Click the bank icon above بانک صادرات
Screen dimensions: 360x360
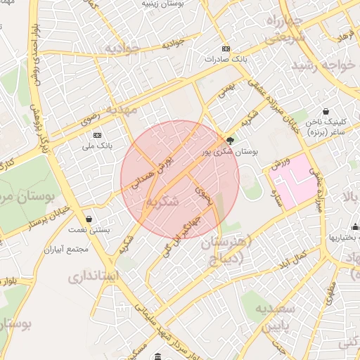[x=225, y=49]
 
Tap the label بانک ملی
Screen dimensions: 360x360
[x=96, y=144]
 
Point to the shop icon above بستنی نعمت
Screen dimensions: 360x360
[x=89, y=219]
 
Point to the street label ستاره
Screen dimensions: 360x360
[x=279, y=198]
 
